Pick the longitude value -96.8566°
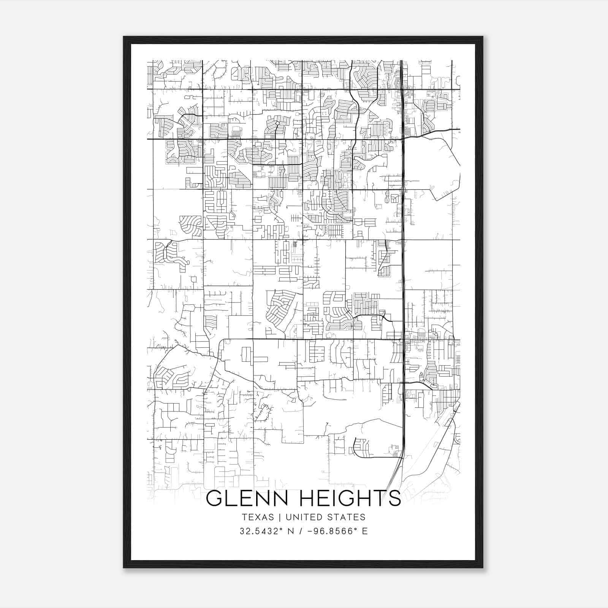point(329,531)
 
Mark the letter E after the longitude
point(365,531)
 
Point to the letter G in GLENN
point(214,498)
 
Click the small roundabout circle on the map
point(277,123)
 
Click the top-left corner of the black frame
point(124,37)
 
